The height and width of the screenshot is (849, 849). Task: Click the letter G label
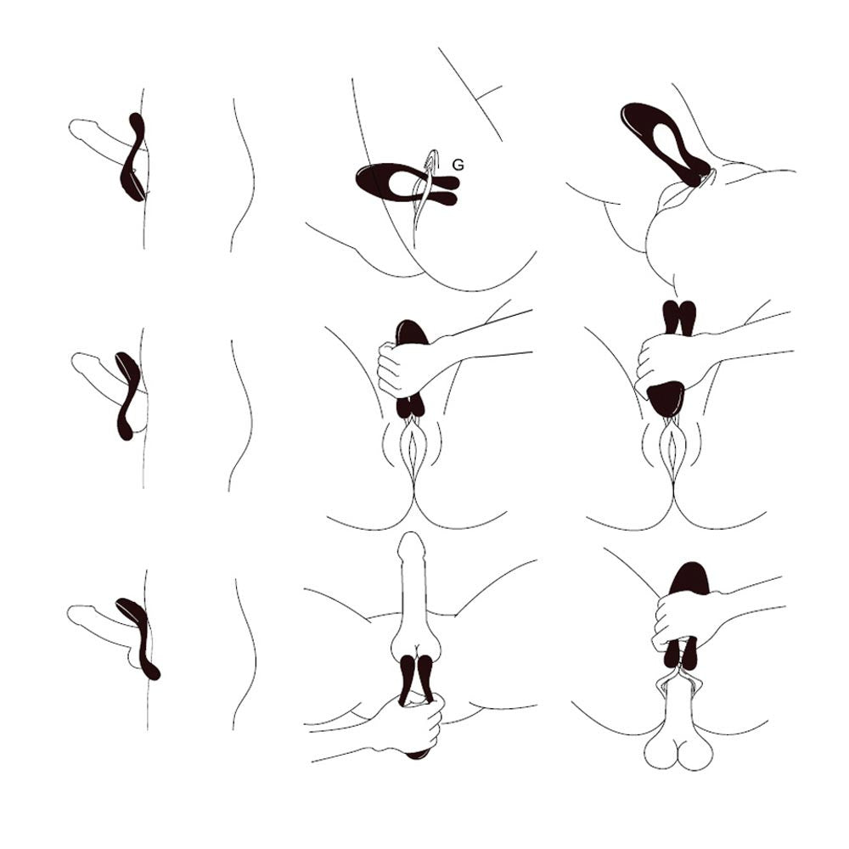click(458, 166)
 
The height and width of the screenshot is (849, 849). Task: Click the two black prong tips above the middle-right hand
click(679, 317)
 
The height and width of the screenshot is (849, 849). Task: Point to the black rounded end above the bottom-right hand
click(689, 577)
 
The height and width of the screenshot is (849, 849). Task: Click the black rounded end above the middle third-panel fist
click(412, 330)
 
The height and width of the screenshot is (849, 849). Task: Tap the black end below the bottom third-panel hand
click(416, 754)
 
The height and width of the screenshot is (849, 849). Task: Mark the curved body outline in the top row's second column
click(243, 175)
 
